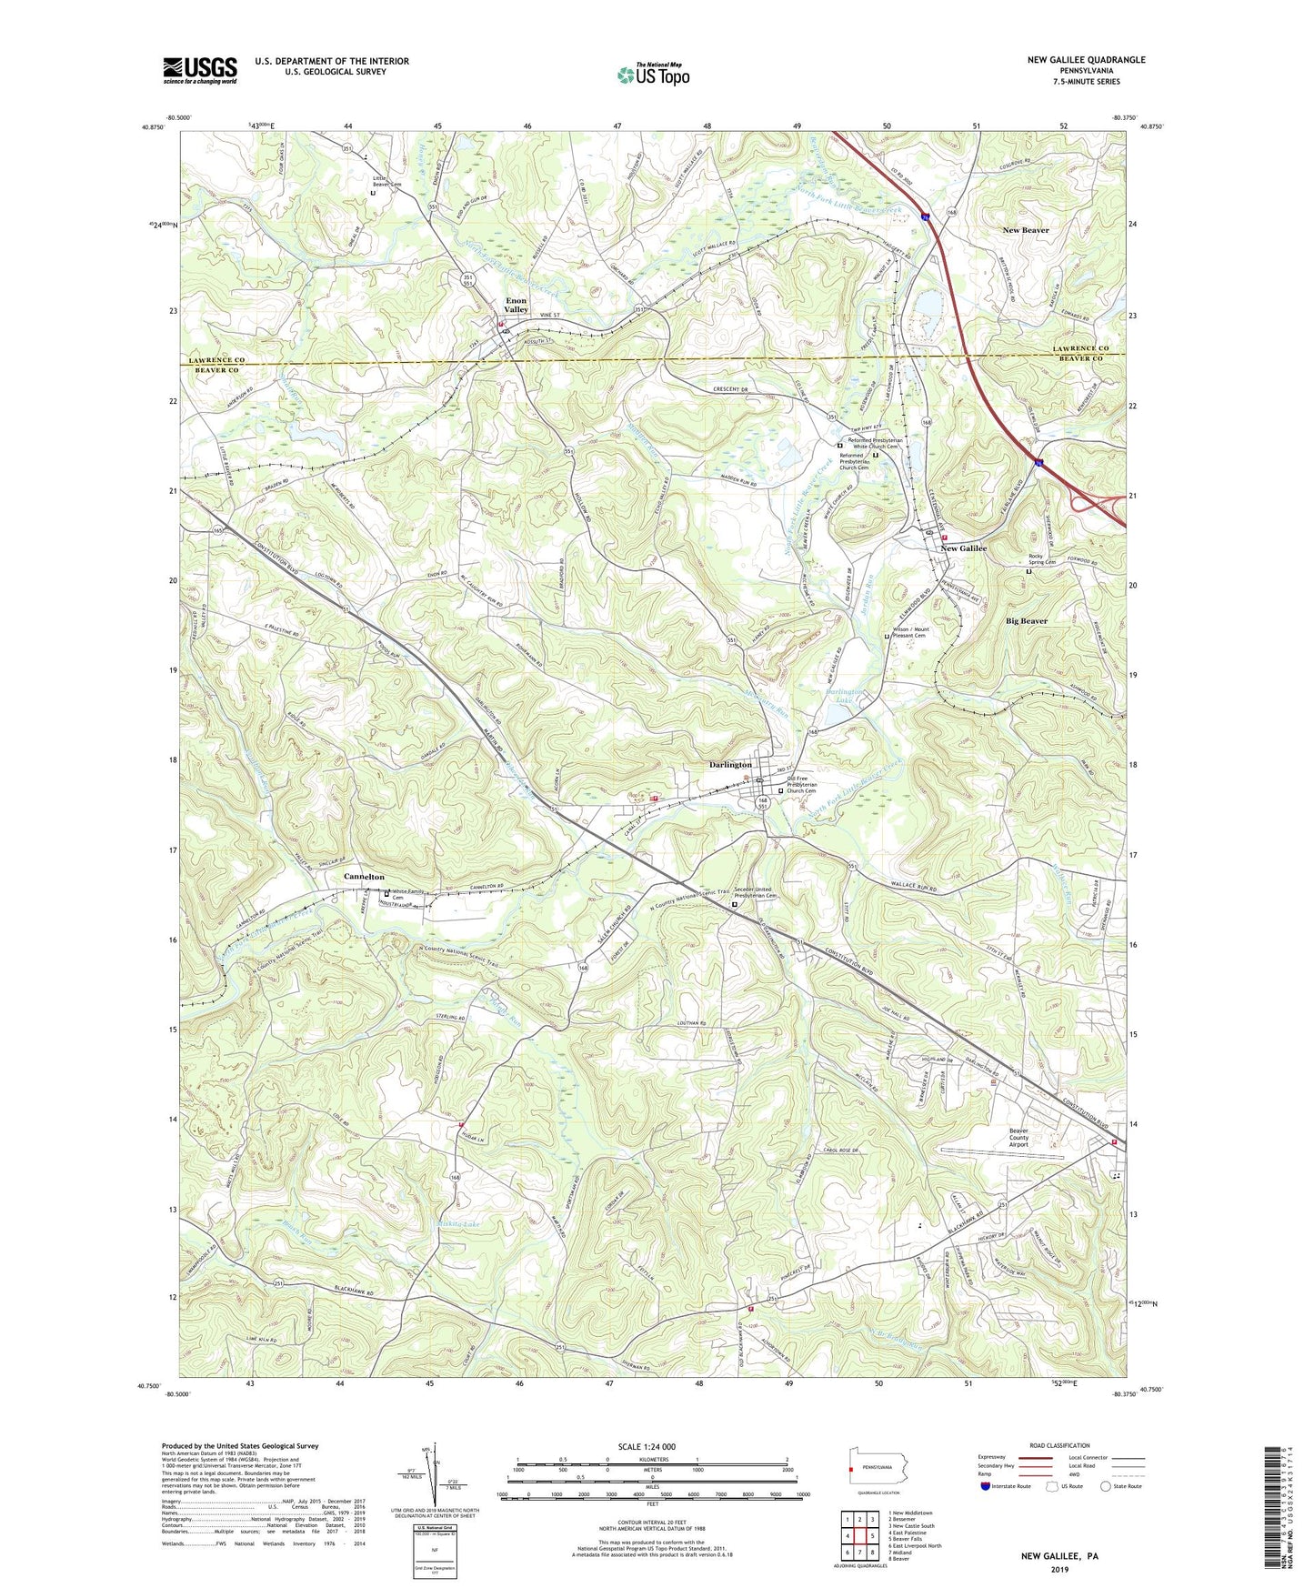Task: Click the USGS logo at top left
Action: [x=200, y=69]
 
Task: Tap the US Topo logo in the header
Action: [x=652, y=75]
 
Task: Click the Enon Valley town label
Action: [x=517, y=305]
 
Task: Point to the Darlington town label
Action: [x=730, y=765]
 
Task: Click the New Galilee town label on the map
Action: [x=963, y=548]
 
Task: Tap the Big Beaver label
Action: [x=1026, y=621]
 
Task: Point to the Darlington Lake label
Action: [x=844, y=697]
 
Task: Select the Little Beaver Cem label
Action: [x=386, y=181]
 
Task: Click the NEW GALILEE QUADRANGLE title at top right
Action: [x=1086, y=60]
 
